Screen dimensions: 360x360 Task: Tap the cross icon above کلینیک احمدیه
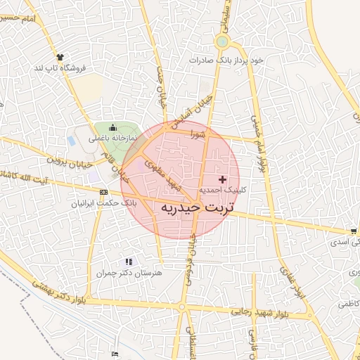[224, 180]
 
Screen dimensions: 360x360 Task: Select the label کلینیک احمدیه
[222, 191]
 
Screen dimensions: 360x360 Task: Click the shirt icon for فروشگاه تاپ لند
[59, 58]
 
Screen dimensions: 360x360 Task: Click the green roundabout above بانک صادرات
[222, 41]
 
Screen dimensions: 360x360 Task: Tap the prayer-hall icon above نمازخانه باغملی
[112, 127]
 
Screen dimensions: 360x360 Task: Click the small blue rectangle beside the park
[71, 141]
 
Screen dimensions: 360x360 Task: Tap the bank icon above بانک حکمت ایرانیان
[104, 192]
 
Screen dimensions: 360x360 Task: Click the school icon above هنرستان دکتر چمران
[128, 261]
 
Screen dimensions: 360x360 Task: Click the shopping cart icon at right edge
[353, 231]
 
